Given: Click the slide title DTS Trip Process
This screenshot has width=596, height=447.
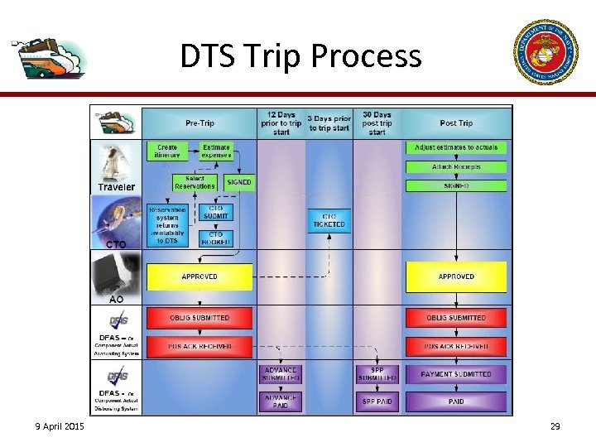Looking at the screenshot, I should (300, 56).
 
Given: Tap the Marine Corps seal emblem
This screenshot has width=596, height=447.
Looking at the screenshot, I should (546, 52).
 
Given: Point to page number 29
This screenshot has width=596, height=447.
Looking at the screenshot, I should (555, 426).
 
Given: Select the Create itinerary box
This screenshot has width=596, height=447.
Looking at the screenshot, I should (168, 151).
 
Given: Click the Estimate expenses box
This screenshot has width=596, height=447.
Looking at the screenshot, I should (216, 151).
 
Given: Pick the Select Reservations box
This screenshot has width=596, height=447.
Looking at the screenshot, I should (195, 183).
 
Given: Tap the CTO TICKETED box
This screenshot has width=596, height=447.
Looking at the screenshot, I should (329, 220).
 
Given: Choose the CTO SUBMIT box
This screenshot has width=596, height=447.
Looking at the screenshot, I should (216, 213).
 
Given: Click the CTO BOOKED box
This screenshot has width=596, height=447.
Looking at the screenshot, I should (216, 238).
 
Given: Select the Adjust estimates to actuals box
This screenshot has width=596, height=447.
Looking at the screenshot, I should (456, 147).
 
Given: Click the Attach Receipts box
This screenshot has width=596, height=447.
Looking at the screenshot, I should (456, 167).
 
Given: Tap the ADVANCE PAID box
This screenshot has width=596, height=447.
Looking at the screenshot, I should (281, 401).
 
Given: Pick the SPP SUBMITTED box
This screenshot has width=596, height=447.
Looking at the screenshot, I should (377, 374).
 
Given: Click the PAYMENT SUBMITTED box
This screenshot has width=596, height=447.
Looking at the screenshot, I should (456, 374).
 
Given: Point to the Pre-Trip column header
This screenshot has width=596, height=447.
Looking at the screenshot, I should (199, 123).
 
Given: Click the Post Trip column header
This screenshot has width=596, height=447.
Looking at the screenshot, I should (456, 123).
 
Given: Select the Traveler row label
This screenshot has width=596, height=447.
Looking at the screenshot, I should (116, 187).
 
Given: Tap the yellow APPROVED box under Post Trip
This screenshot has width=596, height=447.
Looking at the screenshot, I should (456, 276).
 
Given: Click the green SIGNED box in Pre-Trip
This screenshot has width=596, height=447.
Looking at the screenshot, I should (239, 182).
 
